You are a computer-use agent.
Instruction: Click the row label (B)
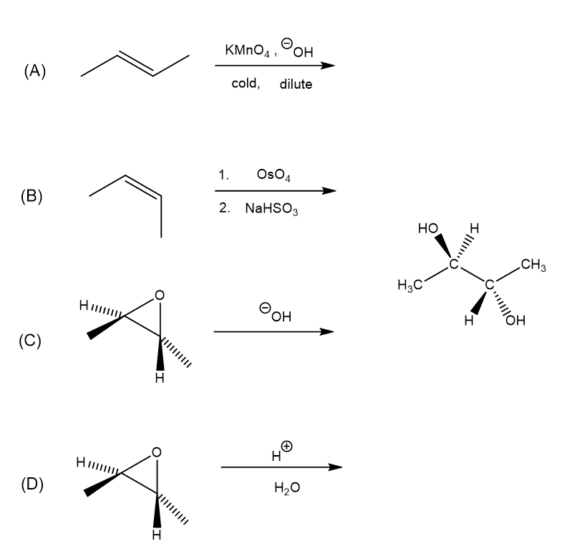pos(31,196)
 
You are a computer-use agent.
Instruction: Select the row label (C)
pos(31,341)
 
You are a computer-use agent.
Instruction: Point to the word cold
pos(246,84)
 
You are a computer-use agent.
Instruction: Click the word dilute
pos(296,84)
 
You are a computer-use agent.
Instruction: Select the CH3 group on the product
pos(534,268)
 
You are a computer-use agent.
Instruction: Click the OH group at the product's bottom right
pos(514,319)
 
